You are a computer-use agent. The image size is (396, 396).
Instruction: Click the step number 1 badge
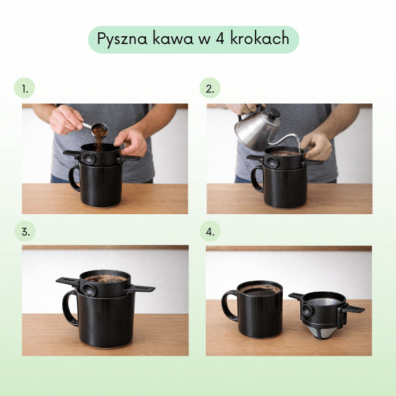(x=25, y=89)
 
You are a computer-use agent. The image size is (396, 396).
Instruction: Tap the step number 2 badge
(x=210, y=89)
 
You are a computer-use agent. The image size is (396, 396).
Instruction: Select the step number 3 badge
(x=25, y=231)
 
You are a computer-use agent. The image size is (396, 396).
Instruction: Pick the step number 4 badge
(x=210, y=231)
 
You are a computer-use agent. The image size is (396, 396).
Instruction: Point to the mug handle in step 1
(x=74, y=178)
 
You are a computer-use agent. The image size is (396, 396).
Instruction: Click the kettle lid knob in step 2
(x=274, y=113)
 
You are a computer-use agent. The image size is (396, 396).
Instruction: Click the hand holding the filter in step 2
(x=317, y=145)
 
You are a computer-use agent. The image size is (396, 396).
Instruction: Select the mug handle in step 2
(x=257, y=179)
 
